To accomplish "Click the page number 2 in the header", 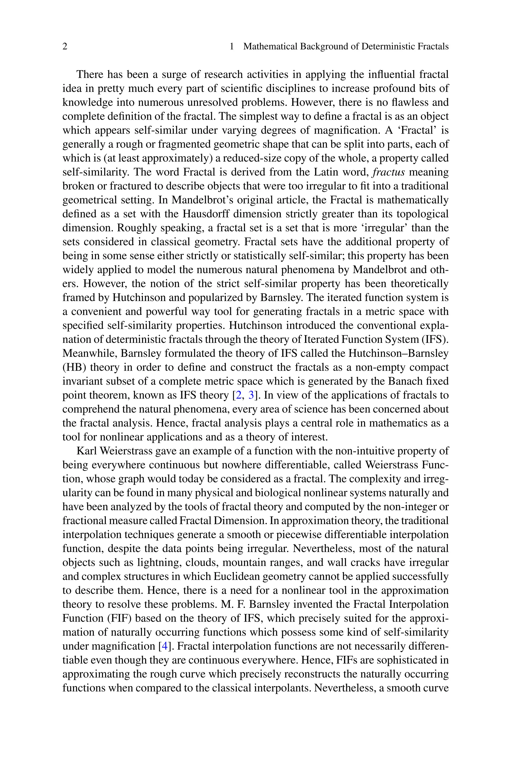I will click(65, 47).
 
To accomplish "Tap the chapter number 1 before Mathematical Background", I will click(232, 47).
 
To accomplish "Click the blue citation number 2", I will click(239, 395).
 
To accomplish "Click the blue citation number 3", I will click(251, 395).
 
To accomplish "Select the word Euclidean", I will click(237, 577).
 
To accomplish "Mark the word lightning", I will click(158, 563).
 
